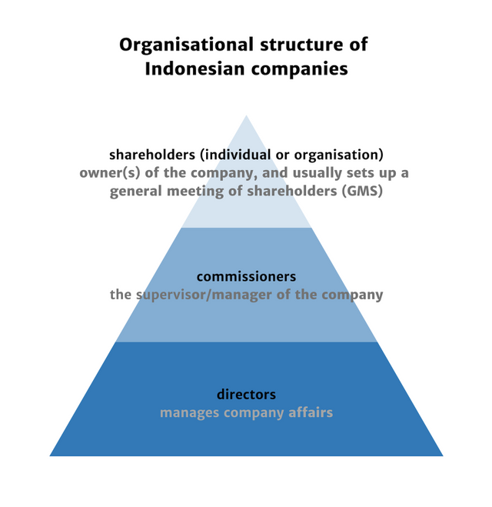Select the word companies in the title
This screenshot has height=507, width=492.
[301, 69]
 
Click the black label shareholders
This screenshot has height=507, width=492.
[152, 154]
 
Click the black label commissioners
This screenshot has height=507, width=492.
[246, 276]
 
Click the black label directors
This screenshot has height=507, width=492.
[246, 395]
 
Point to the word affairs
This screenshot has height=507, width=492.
[309, 413]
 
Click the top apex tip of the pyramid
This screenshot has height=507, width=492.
[246, 116]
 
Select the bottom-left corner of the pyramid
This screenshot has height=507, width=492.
[51, 455]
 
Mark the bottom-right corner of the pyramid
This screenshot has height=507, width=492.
[442, 455]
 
